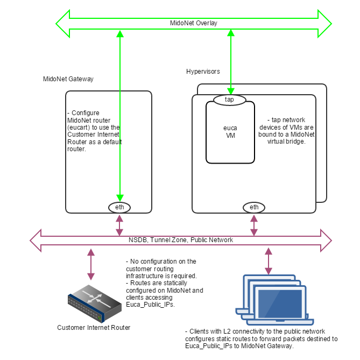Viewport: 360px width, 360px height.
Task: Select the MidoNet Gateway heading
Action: tap(68, 79)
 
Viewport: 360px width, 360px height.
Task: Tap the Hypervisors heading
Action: tap(203, 72)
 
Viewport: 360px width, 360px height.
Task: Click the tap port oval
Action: tap(229, 100)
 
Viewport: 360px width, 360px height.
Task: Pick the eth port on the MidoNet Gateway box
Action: tap(119, 207)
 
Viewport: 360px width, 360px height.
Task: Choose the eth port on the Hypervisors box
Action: tap(254, 207)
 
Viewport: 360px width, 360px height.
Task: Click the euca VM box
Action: tap(230, 132)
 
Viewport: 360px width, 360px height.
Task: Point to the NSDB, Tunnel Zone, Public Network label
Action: tap(181, 240)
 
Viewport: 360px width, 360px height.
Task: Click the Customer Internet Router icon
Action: tap(92, 303)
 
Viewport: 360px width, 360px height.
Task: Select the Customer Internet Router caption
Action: tap(94, 328)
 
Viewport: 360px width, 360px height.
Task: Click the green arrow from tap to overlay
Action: tap(230, 62)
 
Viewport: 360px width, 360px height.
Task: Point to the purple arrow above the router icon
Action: tap(91, 264)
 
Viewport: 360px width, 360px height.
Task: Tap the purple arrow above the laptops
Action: tap(267, 261)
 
